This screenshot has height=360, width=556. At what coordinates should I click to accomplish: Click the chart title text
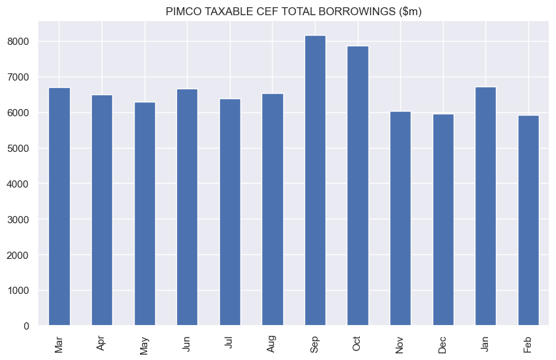pyautogui.click(x=294, y=11)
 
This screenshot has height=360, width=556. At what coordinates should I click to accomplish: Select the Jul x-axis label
pyautogui.click(x=230, y=343)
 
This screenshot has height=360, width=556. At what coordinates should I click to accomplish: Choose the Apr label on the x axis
pyautogui.click(x=102, y=343)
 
